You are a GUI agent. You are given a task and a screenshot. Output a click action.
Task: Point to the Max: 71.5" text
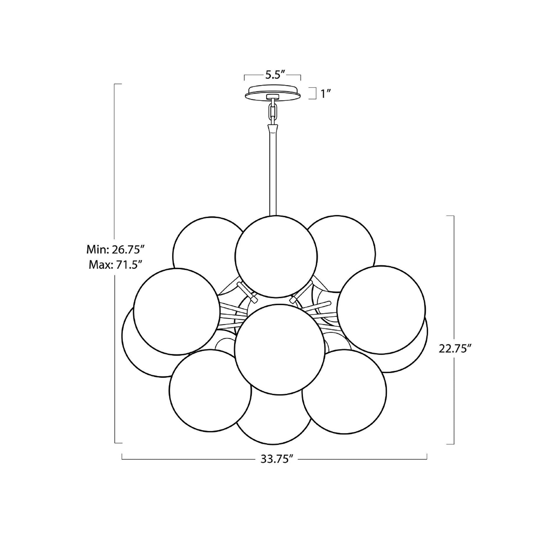pos(115,265)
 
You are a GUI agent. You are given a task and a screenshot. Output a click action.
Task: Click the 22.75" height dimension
pos(455,349)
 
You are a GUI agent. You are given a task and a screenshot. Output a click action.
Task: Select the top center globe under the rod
pos(276,256)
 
